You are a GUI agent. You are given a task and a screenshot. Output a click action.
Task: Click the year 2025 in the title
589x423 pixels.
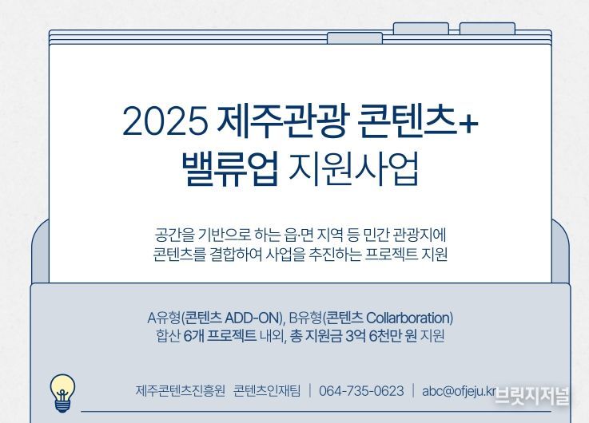(x=165, y=121)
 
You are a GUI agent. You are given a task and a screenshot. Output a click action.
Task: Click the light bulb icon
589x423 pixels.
(x=62, y=393)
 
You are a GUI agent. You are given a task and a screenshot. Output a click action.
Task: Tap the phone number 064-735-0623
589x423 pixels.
(x=361, y=391)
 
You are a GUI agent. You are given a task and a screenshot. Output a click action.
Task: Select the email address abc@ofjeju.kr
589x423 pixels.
(x=459, y=391)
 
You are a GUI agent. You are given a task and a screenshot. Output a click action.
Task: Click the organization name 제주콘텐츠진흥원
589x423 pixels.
(x=181, y=391)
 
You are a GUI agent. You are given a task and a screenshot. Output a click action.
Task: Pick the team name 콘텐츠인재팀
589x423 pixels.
(x=267, y=391)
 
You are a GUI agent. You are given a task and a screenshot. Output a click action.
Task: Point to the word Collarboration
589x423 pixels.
(x=408, y=318)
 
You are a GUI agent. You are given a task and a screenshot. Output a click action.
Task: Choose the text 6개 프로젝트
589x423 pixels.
(x=220, y=336)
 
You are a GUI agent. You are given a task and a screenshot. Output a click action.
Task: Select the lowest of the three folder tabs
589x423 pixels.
(x=355, y=38)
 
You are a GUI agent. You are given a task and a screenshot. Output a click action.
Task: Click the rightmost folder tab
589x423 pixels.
(x=488, y=29)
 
